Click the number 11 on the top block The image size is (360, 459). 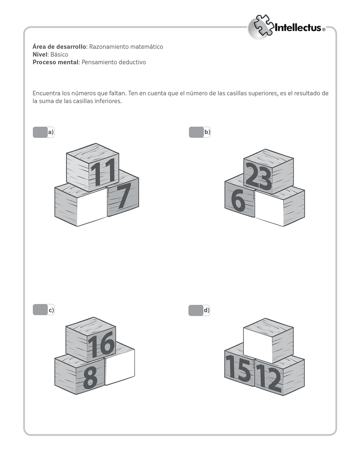pyautogui.click(x=103, y=172)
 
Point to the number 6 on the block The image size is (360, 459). pyautogui.click(x=238, y=200)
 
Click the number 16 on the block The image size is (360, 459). pyautogui.click(x=101, y=344)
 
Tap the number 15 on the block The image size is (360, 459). pyautogui.click(x=238, y=368)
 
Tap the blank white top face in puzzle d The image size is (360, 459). pyautogui.click(x=258, y=344)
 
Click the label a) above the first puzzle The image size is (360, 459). pyautogui.click(x=51, y=132)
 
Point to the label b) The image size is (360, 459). pyautogui.click(x=207, y=132)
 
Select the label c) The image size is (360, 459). pyautogui.click(x=51, y=310)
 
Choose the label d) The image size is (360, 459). pyautogui.click(x=206, y=310)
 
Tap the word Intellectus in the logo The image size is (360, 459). pyautogui.click(x=297, y=28)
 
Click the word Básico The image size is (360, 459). pyautogui.click(x=59, y=55)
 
